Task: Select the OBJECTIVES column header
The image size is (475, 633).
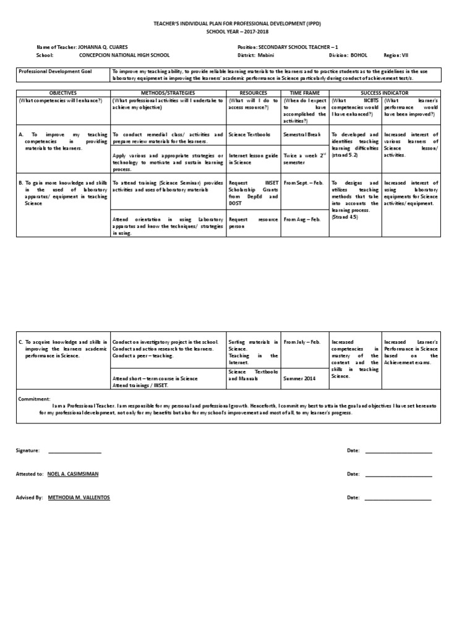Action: coord(63,93)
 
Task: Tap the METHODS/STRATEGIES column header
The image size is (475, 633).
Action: coord(168,93)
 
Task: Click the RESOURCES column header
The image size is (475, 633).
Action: coord(253,93)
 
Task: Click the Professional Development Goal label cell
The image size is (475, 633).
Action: coord(55,72)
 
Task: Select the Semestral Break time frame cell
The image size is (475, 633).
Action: coord(301,134)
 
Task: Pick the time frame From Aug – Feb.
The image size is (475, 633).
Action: coord(302,219)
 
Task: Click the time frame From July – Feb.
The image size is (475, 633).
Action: coord(302,341)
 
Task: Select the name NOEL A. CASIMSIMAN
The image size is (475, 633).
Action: coord(72,474)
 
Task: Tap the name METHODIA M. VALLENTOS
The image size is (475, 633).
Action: coord(79,497)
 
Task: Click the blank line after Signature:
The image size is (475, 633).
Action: coord(74,451)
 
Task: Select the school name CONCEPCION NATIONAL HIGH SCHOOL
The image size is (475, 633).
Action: coord(124,54)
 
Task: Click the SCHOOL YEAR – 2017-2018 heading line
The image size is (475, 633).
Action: coord(237,30)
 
